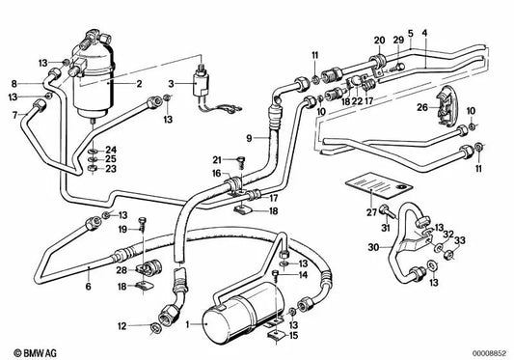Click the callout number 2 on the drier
[139, 84]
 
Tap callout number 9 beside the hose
[249, 138]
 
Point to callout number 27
[371, 212]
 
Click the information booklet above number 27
[379, 185]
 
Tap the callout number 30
[373, 247]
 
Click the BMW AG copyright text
[35, 353]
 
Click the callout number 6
[88, 286]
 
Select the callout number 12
[122, 326]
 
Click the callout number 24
[111, 150]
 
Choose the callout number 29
[398, 41]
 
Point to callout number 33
[460, 240]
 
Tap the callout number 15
[294, 336]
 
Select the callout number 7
[14, 115]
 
